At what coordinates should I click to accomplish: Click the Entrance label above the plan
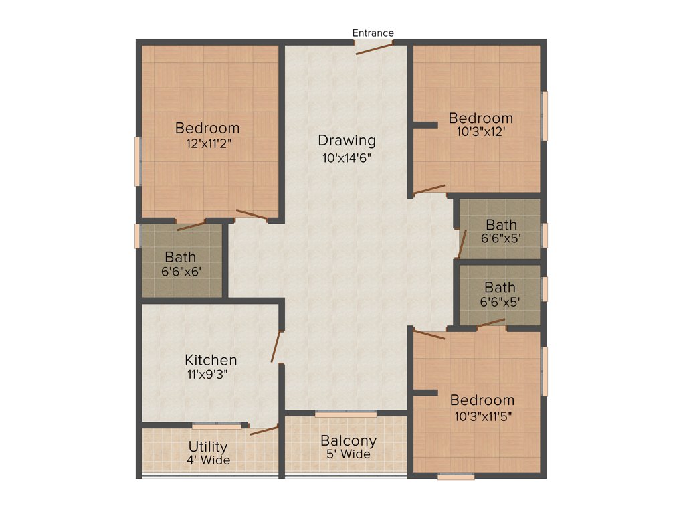[373, 33]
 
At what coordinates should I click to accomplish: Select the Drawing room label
[347, 141]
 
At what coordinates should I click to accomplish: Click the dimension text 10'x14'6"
[347, 158]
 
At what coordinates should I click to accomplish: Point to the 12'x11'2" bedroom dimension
[207, 143]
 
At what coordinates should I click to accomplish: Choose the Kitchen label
[211, 360]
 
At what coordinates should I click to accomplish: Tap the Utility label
[208, 446]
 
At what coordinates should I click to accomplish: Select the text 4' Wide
[208, 460]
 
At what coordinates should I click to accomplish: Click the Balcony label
[348, 441]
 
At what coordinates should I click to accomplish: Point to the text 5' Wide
[348, 455]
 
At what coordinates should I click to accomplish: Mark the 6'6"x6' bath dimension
[181, 272]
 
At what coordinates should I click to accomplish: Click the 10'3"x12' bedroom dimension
[480, 133]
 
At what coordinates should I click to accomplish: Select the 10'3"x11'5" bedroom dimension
[482, 415]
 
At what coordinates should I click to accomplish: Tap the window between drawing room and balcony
[346, 414]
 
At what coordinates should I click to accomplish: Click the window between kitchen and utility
[217, 426]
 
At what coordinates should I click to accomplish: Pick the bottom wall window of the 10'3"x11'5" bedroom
[456, 477]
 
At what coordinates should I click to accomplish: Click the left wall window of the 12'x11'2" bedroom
[138, 161]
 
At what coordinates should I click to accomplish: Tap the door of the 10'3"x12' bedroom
[429, 189]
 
